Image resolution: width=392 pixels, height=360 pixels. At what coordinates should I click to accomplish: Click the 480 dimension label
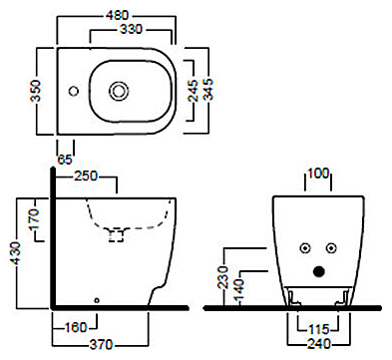[117, 15]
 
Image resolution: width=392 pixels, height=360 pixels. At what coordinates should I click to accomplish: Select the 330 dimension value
[131, 29]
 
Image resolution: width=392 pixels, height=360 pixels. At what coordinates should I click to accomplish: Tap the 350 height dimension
[35, 91]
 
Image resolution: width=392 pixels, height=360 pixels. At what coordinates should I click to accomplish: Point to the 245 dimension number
[194, 90]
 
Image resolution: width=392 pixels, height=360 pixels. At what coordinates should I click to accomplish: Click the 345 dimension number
[208, 89]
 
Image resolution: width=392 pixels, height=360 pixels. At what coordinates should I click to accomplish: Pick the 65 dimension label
[65, 160]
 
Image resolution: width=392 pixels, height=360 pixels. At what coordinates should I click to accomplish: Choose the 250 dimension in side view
[86, 176]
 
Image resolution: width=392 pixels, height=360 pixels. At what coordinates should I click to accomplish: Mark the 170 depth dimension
[34, 219]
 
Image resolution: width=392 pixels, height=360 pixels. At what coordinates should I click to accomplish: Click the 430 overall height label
[15, 253]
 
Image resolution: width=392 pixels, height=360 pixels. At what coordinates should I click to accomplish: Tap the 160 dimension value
[76, 327]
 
